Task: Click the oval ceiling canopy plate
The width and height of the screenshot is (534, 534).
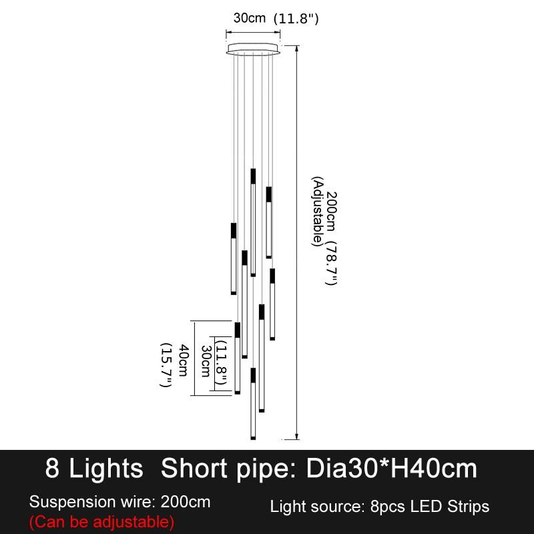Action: tap(253, 48)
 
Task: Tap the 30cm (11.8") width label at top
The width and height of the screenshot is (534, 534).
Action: tap(276, 18)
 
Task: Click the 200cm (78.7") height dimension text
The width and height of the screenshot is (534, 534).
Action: tap(331, 238)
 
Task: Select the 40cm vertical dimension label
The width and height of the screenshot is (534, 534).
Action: tap(184, 360)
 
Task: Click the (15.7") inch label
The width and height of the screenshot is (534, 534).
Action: tap(166, 364)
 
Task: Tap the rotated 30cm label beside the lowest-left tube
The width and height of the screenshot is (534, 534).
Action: tap(206, 361)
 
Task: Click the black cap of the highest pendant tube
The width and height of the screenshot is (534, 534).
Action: tap(253, 176)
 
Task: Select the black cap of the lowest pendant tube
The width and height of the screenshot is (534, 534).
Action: tap(253, 375)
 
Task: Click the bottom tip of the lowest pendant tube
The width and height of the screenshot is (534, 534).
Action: tap(253, 439)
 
